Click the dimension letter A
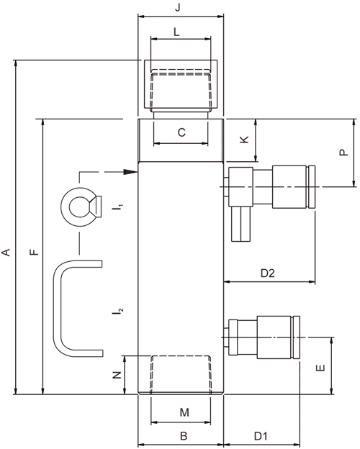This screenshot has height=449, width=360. coord(6,253)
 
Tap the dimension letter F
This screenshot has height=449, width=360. coord(34,253)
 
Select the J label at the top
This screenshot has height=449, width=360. coord(178,7)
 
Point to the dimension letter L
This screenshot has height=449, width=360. coord(177,32)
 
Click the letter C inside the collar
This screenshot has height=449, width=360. coord(181,132)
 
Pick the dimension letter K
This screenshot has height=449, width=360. coord(244,140)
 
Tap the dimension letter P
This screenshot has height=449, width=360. coord(343,152)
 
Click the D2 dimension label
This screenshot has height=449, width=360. coord(267,273)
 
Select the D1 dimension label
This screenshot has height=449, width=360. coord(261,436)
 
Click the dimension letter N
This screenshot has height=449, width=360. coord(117,375)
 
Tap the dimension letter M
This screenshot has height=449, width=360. coord(184,412)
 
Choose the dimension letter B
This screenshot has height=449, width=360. coord(184,436)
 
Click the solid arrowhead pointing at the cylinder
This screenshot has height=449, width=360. coord(131,172)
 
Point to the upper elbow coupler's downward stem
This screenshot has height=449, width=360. coord(241,224)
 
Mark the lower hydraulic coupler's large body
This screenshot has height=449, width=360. coord(274,337)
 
